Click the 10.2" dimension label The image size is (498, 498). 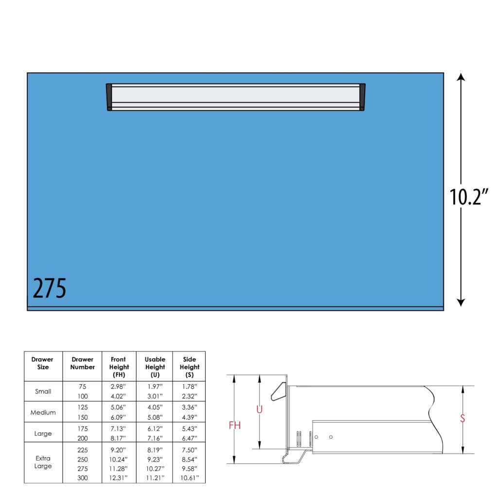[469, 197]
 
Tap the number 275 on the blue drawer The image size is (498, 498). [50, 288]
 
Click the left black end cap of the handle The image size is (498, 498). [109, 97]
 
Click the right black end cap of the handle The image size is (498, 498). [362, 97]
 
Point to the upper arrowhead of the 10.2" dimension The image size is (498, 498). [461, 76]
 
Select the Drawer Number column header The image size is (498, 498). [83, 363]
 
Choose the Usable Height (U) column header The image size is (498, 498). [155, 367]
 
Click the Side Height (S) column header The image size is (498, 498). [189, 367]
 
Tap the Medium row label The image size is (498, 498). [43, 412]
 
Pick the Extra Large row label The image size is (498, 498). [43, 462]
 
